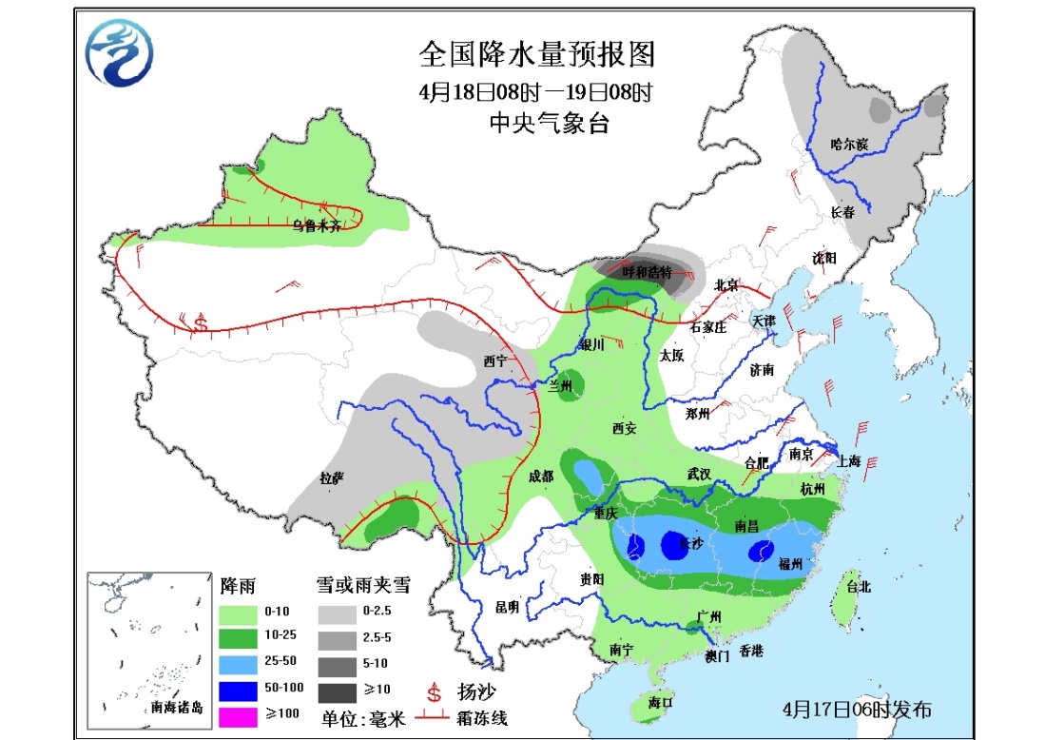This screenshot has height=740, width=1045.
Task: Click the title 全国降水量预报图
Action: coord(537,55)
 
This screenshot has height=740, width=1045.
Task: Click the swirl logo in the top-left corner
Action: coord(119,52)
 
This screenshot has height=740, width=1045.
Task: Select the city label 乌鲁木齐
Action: coord(317,225)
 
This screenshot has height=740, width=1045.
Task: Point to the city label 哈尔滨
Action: coord(849,145)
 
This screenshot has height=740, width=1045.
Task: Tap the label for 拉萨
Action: coord(331,478)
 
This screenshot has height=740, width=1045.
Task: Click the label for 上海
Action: coord(849,461)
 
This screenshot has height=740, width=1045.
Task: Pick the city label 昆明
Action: coord(507,606)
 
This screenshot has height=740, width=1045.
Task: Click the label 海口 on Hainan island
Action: coord(660,703)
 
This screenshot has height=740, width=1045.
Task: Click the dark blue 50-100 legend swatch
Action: coord(242,688)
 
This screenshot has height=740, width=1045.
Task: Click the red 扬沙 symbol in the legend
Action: coord(434,690)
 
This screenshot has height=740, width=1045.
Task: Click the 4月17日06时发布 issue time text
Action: coord(856,710)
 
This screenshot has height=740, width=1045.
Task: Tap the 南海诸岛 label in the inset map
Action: coord(176,707)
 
